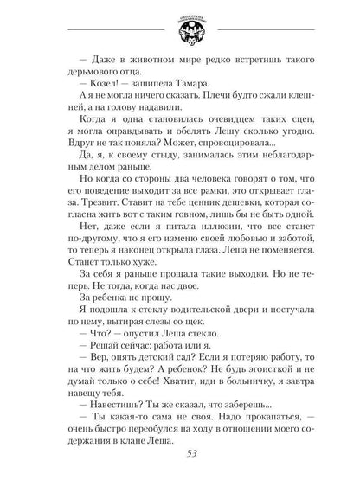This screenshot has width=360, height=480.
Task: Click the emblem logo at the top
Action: click(180, 25)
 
